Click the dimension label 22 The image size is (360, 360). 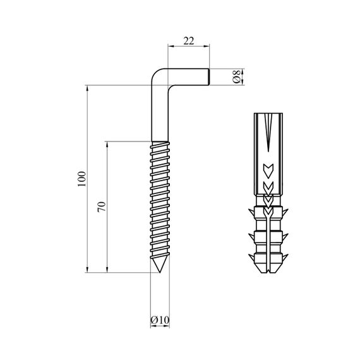(x=189, y=41)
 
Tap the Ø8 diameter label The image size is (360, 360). (x=236, y=76)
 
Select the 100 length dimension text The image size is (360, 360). (x=81, y=179)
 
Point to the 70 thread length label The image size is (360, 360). (x=102, y=207)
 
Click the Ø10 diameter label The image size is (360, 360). (x=160, y=320)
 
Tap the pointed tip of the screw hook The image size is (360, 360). (x=160, y=272)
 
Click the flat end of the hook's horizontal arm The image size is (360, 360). (x=208, y=76)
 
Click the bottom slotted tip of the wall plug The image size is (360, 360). (x=268, y=271)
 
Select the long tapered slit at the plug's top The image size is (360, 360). (x=268, y=132)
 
